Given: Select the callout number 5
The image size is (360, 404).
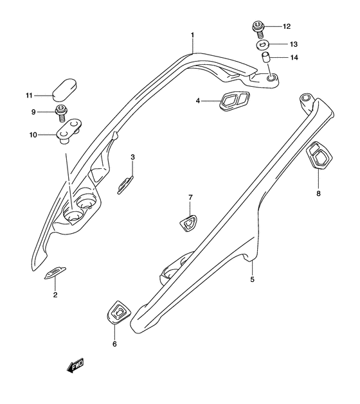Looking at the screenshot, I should (253, 279).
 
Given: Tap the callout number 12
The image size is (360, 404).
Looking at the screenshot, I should (286, 26).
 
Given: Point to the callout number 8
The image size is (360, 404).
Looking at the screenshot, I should (318, 192).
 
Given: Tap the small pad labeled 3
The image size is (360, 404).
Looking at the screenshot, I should (125, 184).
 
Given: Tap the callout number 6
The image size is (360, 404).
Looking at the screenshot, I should (115, 344).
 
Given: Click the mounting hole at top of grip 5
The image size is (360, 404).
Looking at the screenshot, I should (305, 99).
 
